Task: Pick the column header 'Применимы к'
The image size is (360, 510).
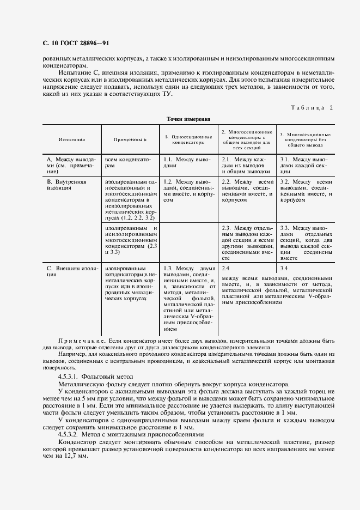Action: [x=131, y=139]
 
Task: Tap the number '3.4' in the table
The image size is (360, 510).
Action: [x=284, y=269]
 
